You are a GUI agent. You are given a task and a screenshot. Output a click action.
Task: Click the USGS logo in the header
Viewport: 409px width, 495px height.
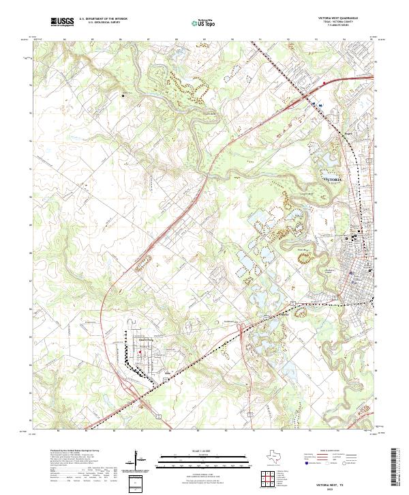(x=62, y=22)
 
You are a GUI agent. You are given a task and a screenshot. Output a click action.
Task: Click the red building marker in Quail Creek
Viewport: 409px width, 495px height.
(x=140, y=352)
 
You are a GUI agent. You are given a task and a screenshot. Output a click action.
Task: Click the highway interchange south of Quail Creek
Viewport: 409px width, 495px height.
(x=151, y=404)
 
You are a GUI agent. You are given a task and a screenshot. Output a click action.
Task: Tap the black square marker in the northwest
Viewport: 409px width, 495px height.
(x=123, y=96)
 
